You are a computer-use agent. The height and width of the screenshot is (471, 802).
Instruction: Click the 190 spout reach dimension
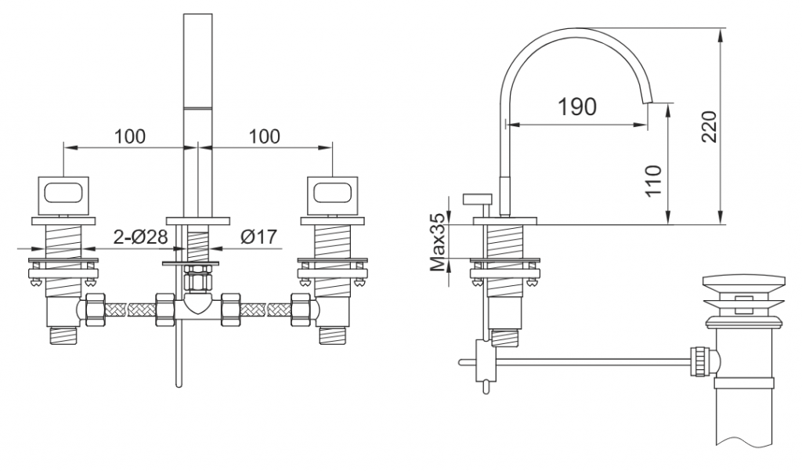(576, 107)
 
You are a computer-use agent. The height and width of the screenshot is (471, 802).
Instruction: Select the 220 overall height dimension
(709, 127)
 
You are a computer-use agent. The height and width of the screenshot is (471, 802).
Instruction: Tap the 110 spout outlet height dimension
(654, 180)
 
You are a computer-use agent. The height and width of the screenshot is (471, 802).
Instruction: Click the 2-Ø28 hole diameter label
(140, 237)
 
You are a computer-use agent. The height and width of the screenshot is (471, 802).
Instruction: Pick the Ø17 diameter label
(258, 237)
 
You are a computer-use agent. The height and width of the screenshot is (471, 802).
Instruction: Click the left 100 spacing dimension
(129, 136)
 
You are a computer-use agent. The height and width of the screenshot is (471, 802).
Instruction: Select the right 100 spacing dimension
(265, 136)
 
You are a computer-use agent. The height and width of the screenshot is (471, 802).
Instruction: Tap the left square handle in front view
(63, 195)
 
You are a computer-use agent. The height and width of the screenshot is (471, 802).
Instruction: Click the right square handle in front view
(332, 195)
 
